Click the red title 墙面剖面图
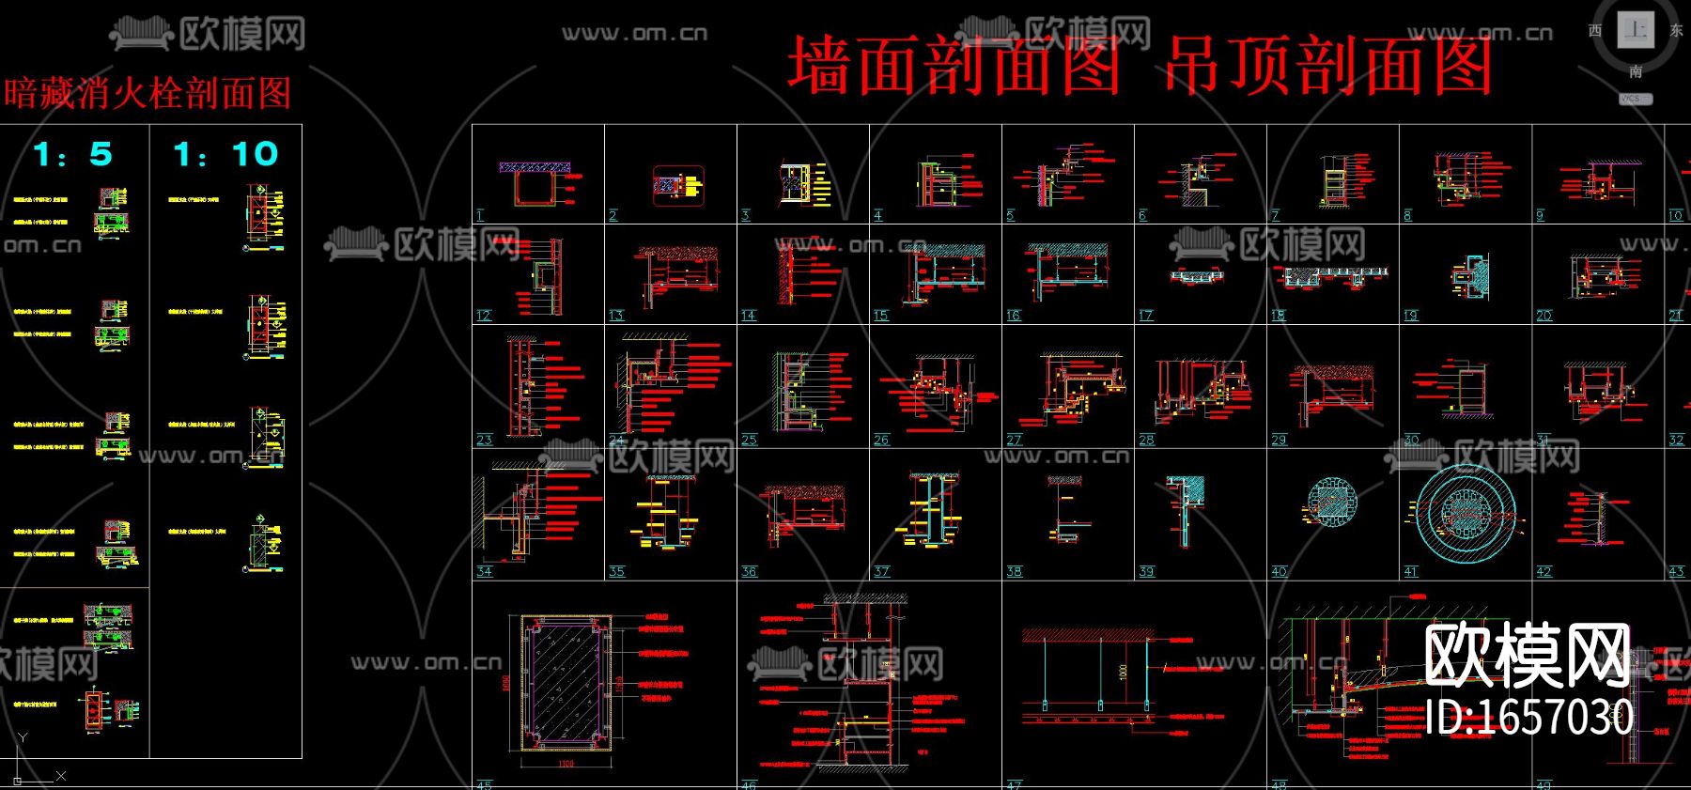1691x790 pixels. click(x=954, y=67)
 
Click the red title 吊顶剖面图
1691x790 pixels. click(x=1328, y=67)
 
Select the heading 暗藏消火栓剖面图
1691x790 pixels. click(x=147, y=93)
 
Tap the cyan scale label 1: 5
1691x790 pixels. click(x=72, y=154)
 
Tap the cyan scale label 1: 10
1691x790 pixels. click(x=225, y=154)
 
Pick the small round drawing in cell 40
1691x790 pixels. click(x=1331, y=502)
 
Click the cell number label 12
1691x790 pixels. click(x=484, y=316)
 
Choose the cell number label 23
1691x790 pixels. click(x=484, y=440)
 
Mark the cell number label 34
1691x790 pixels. click(x=484, y=571)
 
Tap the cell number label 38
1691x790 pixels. click(x=1014, y=571)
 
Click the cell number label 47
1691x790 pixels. click(x=1014, y=784)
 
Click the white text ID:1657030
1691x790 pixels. click(x=1528, y=718)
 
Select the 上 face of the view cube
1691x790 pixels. click(x=1636, y=29)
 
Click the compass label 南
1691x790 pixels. click(x=1636, y=71)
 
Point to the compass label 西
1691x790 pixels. click(x=1594, y=30)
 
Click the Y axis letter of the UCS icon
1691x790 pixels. click(x=23, y=738)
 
